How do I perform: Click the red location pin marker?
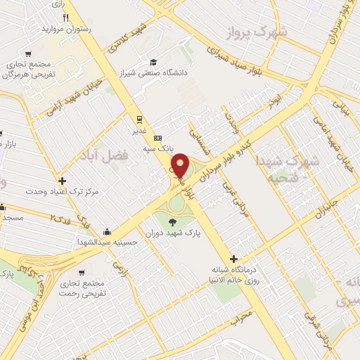[x=180, y=166]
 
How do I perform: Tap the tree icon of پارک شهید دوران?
[x=172, y=223]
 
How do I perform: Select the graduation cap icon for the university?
[x=153, y=61]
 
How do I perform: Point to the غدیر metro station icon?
[x=139, y=118]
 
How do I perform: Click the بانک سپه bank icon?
[x=158, y=137]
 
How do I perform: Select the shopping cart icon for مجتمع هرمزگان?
[x=27, y=54]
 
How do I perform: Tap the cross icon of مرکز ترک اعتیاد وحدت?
[x=63, y=181]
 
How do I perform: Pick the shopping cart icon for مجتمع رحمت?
[x=82, y=272]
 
